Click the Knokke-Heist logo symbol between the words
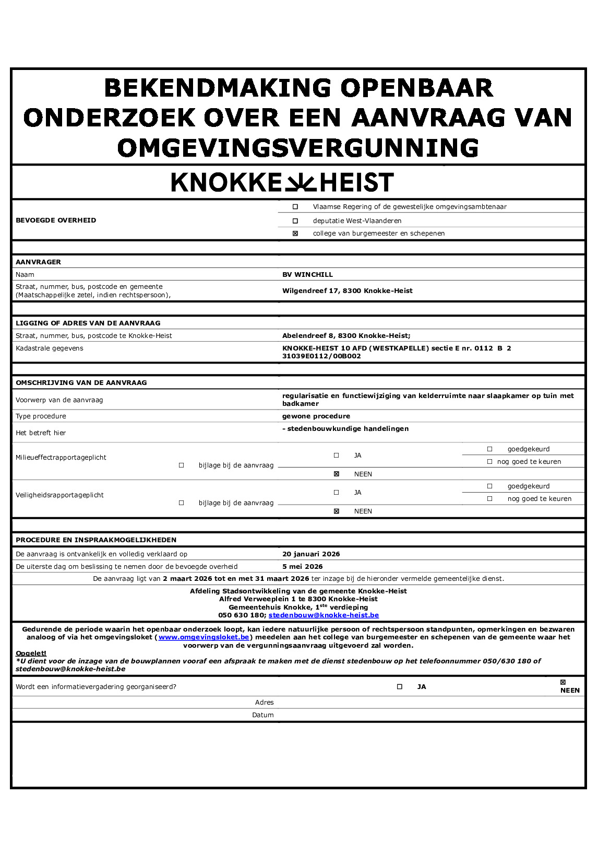tap(300, 183)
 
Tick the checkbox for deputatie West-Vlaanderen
tap(295, 221)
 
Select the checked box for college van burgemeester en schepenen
tap(295, 233)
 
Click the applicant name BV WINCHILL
tap(307, 275)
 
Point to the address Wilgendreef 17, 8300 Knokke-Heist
tap(347, 291)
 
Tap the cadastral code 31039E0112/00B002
tap(321, 356)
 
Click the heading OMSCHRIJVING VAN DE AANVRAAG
tap(81, 383)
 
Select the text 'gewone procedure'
tap(316, 416)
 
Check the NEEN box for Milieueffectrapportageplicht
tap(337, 474)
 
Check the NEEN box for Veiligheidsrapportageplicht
tap(337, 511)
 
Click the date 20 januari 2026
tap(311, 554)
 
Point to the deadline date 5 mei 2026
tap(303, 567)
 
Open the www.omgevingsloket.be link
tap(204, 637)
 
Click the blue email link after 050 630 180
tap(324, 615)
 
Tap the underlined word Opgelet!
tap(31, 653)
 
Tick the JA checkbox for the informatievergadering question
tap(400, 687)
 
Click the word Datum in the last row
tap(263, 715)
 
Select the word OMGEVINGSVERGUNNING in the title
tap(298, 148)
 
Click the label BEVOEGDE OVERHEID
tap(56, 220)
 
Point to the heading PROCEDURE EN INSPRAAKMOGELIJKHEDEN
tap(96, 540)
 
